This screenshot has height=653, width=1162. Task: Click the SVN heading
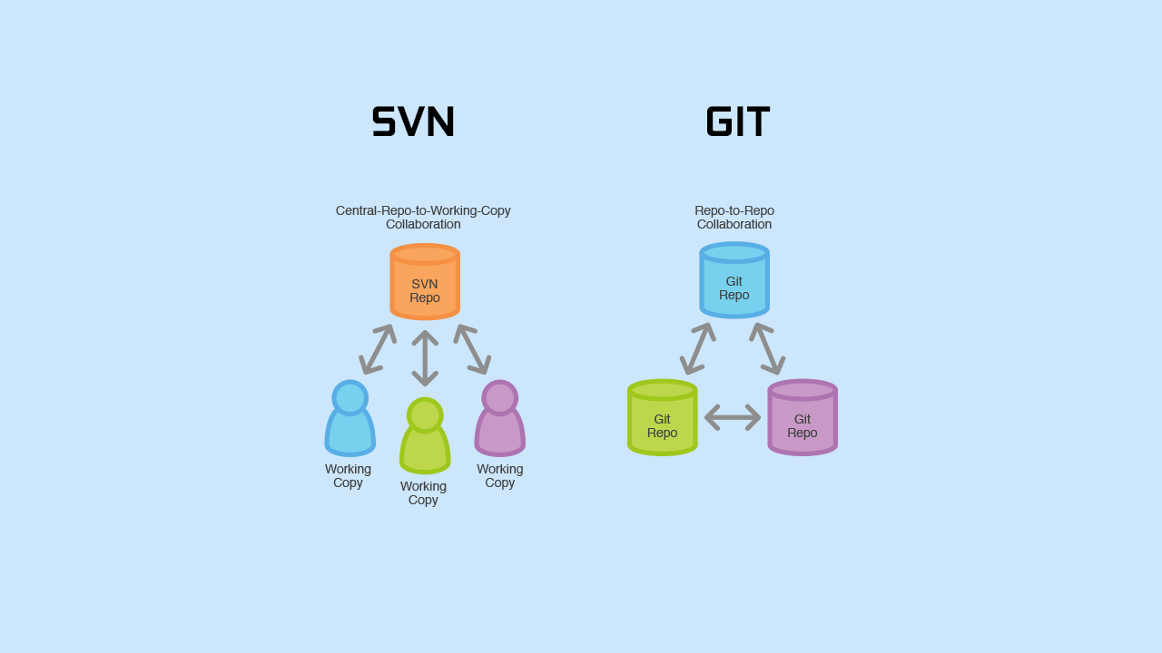(x=413, y=122)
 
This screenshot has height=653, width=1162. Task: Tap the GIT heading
(x=737, y=122)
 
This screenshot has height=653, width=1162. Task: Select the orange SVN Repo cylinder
(x=425, y=282)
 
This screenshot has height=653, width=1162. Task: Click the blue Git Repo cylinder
(x=734, y=281)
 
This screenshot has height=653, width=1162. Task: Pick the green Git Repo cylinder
(x=663, y=418)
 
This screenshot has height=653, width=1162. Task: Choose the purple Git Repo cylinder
(x=803, y=418)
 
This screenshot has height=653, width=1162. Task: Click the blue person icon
(x=350, y=421)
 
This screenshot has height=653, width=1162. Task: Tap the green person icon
(x=425, y=439)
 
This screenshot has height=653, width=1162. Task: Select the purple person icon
(x=500, y=421)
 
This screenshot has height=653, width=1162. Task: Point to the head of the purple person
(x=500, y=397)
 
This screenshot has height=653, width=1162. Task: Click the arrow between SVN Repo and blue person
(x=378, y=349)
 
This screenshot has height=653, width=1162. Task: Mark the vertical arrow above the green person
(x=425, y=358)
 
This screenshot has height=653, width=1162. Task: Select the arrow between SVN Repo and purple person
(x=472, y=349)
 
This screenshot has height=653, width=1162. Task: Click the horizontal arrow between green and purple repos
(x=733, y=417)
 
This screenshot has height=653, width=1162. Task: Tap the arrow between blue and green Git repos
(x=697, y=348)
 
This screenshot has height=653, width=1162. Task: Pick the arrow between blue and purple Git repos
(x=768, y=348)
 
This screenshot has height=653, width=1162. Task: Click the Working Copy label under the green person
(x=423, y=492)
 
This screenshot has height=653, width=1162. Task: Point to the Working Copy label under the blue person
(x=348, y=475)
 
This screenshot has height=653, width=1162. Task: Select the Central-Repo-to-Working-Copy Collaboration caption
(x=423, y=217)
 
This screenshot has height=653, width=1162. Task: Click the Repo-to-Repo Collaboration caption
(x=734, y=217)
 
